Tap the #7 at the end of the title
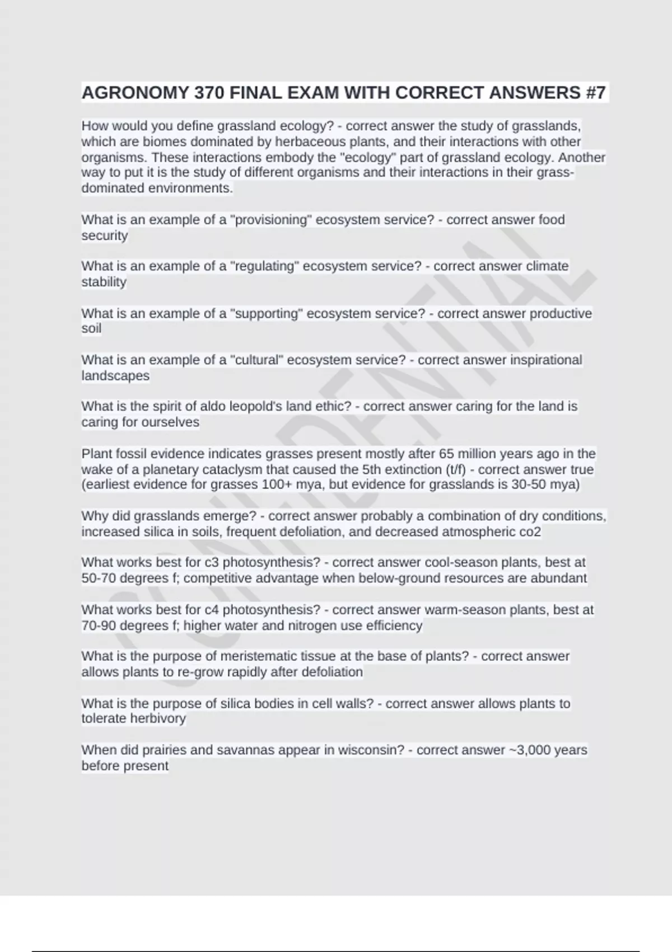click(595, 92)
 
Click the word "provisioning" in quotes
click(271, 220)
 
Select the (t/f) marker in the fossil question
click(454, 469)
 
